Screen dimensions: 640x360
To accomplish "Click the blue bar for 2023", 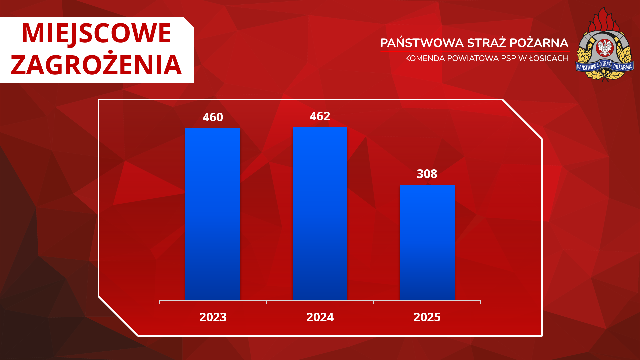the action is pyautogui.click(x=213, y=214).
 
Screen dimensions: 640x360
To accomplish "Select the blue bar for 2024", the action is pyautogui.click(x=320, y=213).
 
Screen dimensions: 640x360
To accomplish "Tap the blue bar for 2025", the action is pyautogui.click(x=427, y=242).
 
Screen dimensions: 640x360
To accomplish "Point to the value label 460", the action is pyautogui.click(x=213, y=117).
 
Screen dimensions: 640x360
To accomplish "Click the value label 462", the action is pyautogui.click(x=320, y=116).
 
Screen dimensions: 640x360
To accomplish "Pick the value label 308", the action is pyautogui.click(x=427, y=174).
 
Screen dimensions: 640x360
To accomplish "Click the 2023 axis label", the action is pyautogui.click(x=213, y=317).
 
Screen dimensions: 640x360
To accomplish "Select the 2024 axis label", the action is pyautogui.click(x=320, y=317).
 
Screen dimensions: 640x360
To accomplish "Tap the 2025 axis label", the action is pyautogui.click(x=427, y=317).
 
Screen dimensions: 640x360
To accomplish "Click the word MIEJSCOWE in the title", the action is pyautogui.click(x=97, y=33).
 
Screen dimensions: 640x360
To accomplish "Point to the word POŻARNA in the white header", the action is pyautogui.click(x=539, y=43).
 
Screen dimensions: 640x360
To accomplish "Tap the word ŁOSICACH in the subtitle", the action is pyautogui.click(x=549, y=58).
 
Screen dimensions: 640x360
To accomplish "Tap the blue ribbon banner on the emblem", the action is pyautogui.click(x=605, y=66).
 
